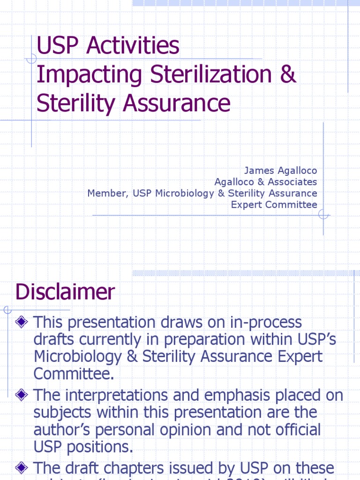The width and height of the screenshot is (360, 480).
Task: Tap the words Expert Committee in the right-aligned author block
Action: [274, 205]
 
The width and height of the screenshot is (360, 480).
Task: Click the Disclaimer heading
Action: [65, 292]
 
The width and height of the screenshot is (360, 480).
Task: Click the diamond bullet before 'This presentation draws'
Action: [21, 322]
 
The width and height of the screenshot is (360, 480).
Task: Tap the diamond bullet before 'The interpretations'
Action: [21, 395]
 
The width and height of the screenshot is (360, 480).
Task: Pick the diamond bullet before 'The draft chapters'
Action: [21, 467]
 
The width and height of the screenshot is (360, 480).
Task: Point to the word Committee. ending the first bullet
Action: [74, 374]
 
